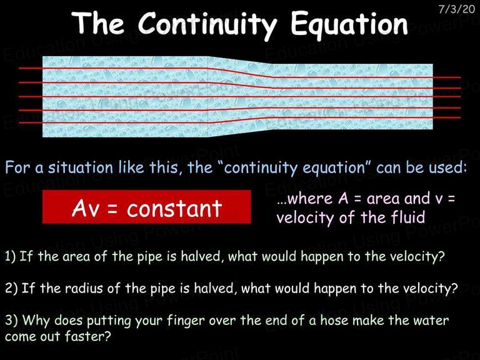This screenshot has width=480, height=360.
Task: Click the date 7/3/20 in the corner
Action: point(456,9)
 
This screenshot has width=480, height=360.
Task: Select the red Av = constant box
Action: point(146,207)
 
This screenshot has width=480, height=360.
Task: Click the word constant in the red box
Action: point(174,209)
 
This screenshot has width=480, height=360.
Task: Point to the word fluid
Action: point(408,217)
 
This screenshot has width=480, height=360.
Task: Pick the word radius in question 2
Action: point(84,288)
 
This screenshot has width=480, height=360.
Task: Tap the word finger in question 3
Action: point(186,321)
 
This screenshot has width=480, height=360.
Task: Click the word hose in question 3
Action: point(334,320)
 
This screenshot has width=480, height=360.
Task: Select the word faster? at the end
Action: point(87,336)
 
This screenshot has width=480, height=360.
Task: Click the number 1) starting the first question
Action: point(10,256)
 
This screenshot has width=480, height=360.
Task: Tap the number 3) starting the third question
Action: point(11,321)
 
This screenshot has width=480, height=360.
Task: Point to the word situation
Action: point(80,167)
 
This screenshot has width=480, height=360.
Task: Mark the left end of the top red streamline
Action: point(19,68)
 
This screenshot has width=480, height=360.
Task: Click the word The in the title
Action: point(98,24)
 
